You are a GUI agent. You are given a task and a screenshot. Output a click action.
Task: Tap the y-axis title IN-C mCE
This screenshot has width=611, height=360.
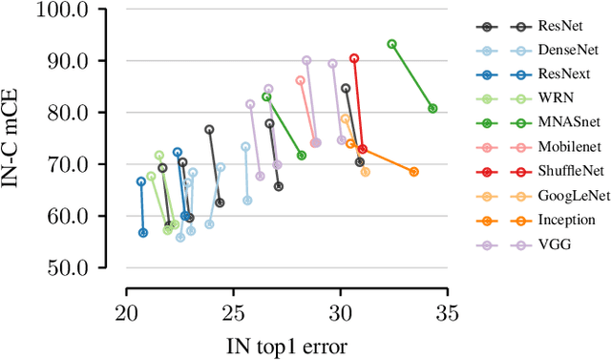tap(13, 138)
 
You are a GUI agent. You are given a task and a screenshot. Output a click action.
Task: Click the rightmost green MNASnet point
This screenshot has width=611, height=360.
tap(432, 109)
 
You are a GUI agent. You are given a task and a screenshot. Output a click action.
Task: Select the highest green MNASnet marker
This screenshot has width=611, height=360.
tap(391, 44)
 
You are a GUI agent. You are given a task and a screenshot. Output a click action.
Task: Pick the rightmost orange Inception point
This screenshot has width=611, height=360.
tap(413, 172)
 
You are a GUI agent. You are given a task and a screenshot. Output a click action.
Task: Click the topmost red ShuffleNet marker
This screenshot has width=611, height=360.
tap(354, 58)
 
